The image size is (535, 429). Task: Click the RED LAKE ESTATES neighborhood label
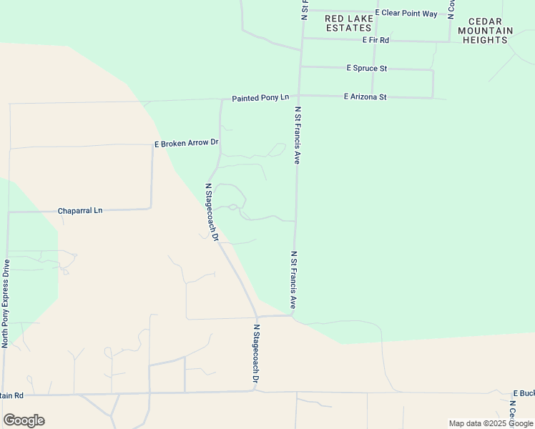(349, 23)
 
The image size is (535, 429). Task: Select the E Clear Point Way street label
(406, 14)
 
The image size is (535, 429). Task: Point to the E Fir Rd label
(376, 40)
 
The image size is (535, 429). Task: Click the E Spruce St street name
(366, 69)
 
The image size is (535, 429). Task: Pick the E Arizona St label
(365, 97)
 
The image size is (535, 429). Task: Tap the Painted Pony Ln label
(260, 97)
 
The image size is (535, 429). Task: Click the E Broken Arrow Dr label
(186, 144)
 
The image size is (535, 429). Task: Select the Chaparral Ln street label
(80, 211)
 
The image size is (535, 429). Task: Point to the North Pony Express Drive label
(6, 303)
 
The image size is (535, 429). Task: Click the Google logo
(24, 420)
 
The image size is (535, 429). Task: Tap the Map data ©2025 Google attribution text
(491, 423)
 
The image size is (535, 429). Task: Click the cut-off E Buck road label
(524, 394)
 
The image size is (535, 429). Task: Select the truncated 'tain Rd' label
(12, 395)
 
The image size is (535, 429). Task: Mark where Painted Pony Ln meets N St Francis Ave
(299, 95)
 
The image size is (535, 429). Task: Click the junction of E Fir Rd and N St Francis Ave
(301, 39)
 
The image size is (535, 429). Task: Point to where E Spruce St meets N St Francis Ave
(300, 67)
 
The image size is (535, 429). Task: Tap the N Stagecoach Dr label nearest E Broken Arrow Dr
(211, 212)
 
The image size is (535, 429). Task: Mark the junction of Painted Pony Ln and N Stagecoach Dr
(221, 99)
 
